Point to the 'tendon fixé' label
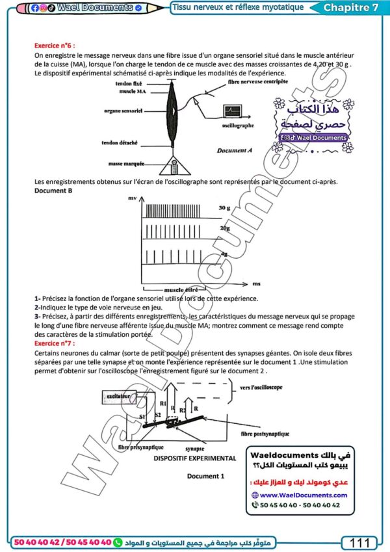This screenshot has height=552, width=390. pyautogui.click(x=131, y=84)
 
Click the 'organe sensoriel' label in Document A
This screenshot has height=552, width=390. pyautogui.click(x=123, y=111)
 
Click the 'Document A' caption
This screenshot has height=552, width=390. pyautogui.click(x=235, y=151)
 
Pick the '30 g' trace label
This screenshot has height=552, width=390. pyautogui.click(x=224, y=208)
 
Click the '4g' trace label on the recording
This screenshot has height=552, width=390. pyautogui.click(x=223, y=254)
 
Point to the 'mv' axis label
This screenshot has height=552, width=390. pyautogui.click(x=132, y=196)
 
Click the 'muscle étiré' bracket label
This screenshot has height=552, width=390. pyautogui.click(x=180, y=288)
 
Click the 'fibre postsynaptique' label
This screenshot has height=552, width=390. pyautogui.click(x=263, y=432)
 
